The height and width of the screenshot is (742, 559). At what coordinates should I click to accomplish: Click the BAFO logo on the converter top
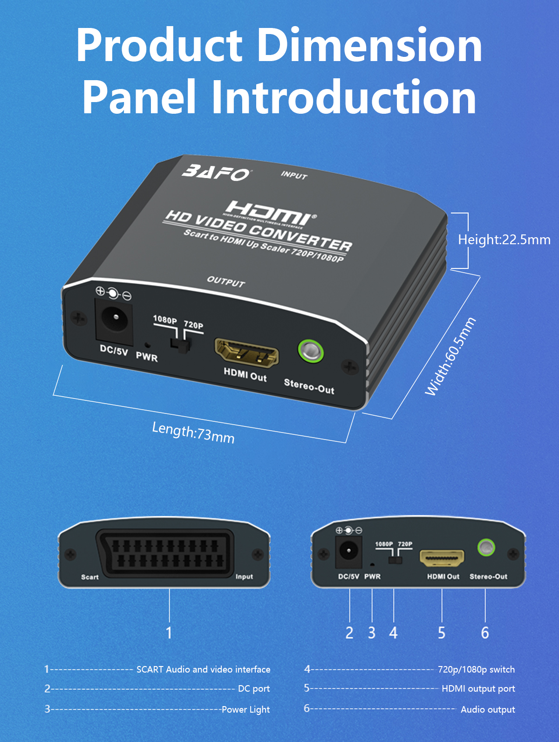pos(216,172)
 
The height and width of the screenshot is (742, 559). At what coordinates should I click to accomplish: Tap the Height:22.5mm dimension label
pos(504,240)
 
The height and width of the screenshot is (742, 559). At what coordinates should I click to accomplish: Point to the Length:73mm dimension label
pos(193,433)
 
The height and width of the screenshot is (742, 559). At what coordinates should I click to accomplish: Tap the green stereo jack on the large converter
pos(311,350)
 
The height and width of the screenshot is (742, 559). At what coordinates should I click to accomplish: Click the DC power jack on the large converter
pos(114,321)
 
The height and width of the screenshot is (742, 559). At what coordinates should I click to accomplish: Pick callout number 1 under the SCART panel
pos(169,632)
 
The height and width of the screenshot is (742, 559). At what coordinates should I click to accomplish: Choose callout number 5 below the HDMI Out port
pos(442,632)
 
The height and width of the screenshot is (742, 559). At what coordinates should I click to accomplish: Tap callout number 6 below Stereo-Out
pos(485,632)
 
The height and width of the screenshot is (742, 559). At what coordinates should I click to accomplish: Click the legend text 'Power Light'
pos(245,709)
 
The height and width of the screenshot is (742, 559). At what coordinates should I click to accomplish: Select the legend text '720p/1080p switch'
pos(476,669)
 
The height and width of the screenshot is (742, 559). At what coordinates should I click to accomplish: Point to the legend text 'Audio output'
pos(488,709)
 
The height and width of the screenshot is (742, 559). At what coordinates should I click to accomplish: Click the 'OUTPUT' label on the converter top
pos(226,281)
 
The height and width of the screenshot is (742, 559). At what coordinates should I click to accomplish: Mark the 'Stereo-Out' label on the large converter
pos(309,386)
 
